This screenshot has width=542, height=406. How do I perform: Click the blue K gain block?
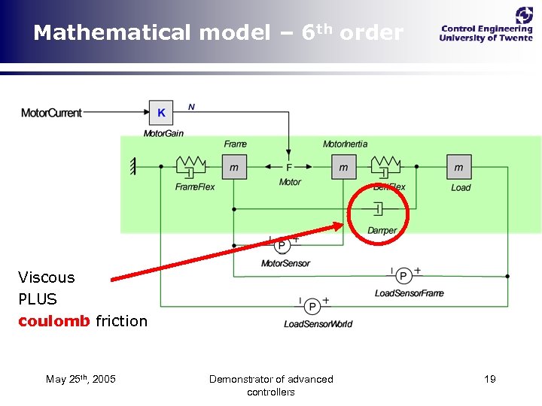click(x=161, y=114)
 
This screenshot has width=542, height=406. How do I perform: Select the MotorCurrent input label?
click(x=51, y=114)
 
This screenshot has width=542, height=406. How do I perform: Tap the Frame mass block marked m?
click(x=234, y=167)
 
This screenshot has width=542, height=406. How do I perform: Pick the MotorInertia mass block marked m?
click(x=344, y=167)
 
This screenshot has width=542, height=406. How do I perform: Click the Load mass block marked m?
click(x=459, y=167)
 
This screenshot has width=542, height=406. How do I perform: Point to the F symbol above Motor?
click(x=289, y=168)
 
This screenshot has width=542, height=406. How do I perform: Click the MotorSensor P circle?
click(x=282, y=246)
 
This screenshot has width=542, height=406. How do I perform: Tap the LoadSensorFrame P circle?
click(x=404, y=276)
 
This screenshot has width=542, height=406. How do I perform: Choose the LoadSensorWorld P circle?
click(x=312, y=306)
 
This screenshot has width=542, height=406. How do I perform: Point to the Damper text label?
click(x=382, y=231)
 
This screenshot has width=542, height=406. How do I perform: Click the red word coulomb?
click(x=53, y=321)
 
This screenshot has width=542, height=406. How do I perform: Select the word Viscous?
click(x=47, y=277)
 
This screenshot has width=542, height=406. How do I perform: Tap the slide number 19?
click(x=489, y=379)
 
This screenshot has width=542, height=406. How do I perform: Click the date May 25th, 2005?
click(x=81, y=379)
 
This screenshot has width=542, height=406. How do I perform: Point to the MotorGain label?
click(x=163, y=134)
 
